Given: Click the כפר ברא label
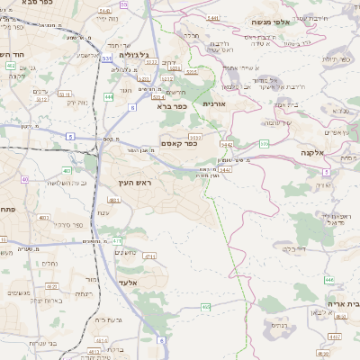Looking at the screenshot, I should click(x=171, y=106).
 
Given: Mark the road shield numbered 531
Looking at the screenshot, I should click(x=106, y=57).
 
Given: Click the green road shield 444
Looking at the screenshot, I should click(x=109, y=95).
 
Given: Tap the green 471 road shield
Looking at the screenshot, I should click(x=116, y=240).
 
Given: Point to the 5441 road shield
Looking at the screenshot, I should click(x=213, y=18).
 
